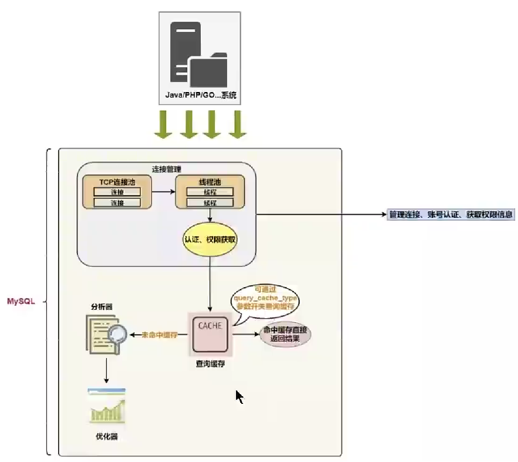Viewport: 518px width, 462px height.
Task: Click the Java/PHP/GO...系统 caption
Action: [200, 95]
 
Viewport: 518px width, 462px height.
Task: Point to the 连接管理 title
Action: [166, 169]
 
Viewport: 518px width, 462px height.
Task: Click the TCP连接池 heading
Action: [117, 182]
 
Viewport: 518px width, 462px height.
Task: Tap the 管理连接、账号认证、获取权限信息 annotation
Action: [450, 215]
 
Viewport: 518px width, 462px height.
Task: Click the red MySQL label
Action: [21, 301]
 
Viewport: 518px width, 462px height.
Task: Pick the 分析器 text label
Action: [101, 307]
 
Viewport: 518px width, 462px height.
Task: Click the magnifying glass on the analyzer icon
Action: [117, 334]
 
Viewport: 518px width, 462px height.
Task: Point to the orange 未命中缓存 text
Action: [160, 335]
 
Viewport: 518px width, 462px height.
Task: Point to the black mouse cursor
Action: [239, 397]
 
